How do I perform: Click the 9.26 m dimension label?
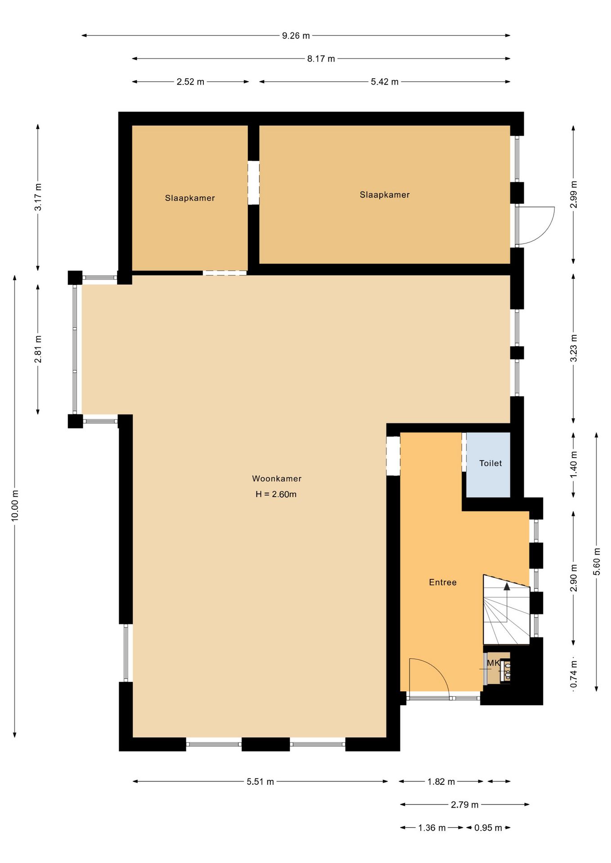[296, 36]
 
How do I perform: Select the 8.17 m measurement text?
[321, 58]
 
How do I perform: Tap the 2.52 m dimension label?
[190, 82]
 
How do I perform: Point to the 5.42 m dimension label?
[385, 82]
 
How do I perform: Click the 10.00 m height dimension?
[15, 505]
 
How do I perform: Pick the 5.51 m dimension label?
[260, 782]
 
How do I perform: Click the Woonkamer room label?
[277, 479]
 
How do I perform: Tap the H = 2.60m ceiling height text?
[276, 494]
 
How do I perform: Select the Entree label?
[443, 583]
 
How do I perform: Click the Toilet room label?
[490, 463]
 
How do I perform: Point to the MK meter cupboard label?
[493, 663]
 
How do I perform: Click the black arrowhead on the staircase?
[507, 586]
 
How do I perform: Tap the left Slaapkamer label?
[190, 198]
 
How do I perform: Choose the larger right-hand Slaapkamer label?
[385, 195]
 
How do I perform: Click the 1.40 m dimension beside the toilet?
[574, 465]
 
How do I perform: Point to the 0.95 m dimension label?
[488, 828]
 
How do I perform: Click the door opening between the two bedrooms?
[254, 183]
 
